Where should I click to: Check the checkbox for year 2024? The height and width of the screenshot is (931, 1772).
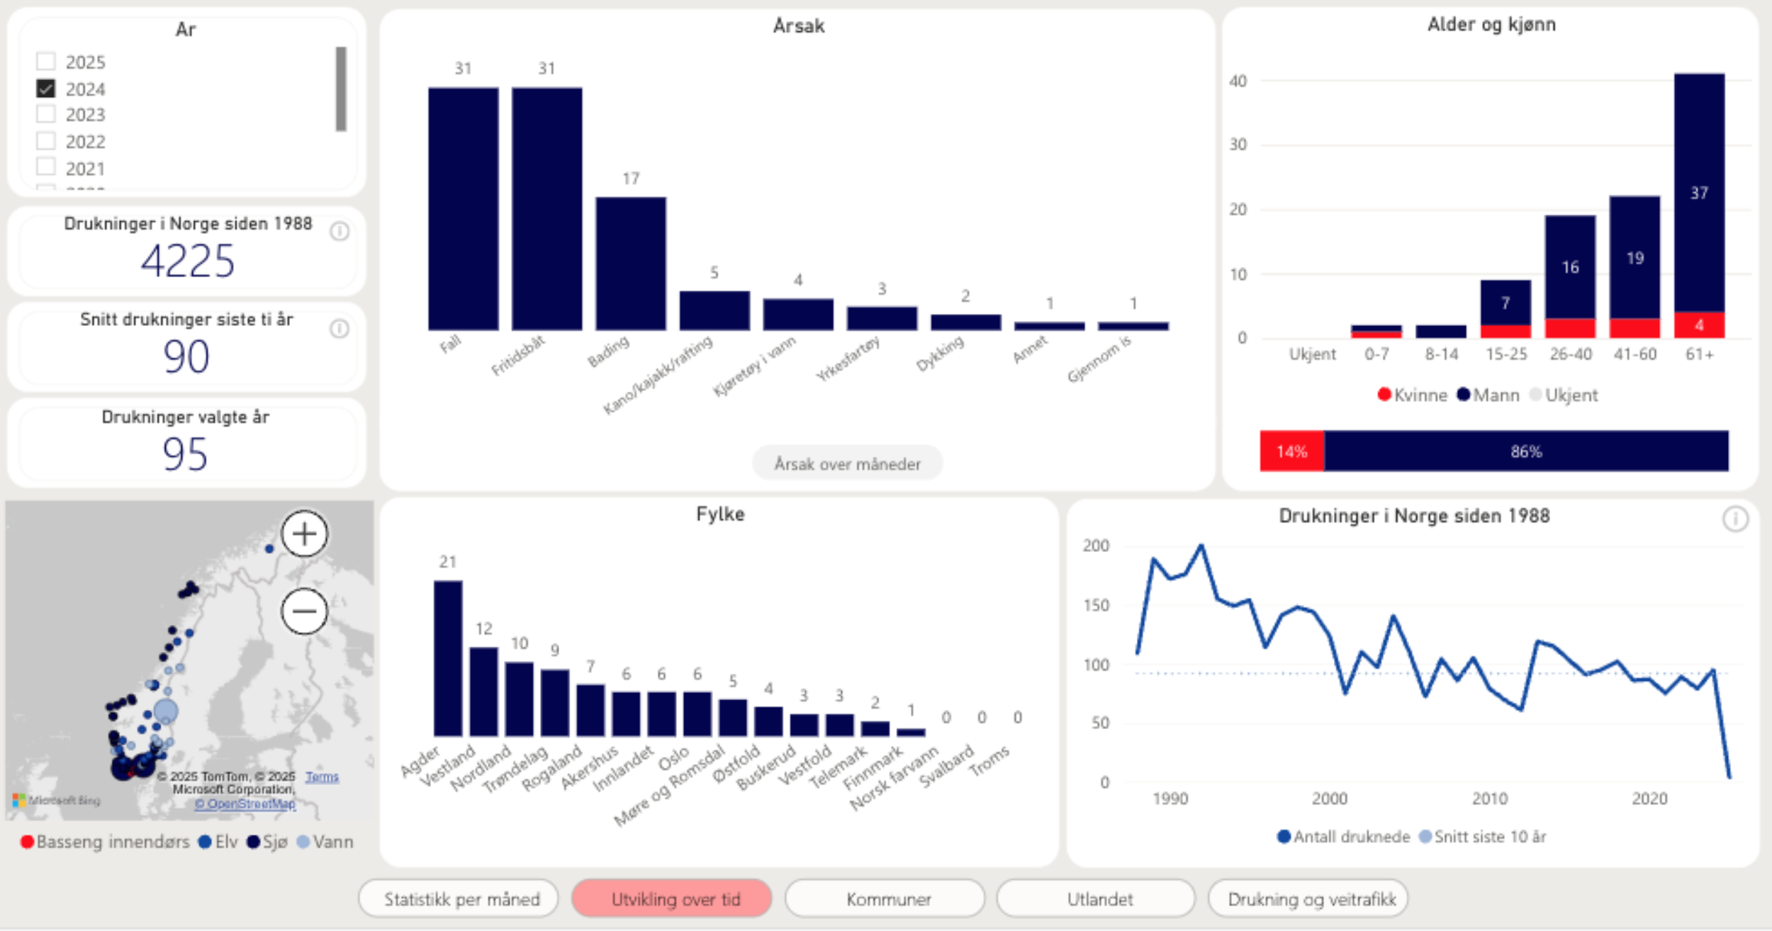coord(46,89)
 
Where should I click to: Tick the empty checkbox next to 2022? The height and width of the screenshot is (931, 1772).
coord(46,141)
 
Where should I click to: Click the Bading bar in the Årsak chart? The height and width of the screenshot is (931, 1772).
coord(630,264)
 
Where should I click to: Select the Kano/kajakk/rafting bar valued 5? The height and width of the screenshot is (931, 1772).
coord(714,310)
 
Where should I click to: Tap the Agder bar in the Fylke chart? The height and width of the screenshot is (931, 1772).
coord(448,658)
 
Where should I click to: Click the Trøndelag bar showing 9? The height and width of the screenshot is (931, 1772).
coord(554,702)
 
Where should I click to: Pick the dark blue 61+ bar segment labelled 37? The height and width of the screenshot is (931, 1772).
coord(1699,192)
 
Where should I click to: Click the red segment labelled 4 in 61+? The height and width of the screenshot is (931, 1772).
coord(1699,325)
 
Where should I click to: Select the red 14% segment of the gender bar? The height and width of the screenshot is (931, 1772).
coord(1291,451)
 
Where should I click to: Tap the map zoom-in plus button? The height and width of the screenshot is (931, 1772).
coord(305,534)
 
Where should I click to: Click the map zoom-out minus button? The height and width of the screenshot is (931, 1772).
coord(305,611)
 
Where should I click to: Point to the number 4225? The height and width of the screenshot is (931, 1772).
coord(187,261)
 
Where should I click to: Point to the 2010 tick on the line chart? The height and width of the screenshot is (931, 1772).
coord(1490,799)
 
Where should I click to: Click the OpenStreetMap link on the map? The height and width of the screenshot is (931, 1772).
coord(245,803)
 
